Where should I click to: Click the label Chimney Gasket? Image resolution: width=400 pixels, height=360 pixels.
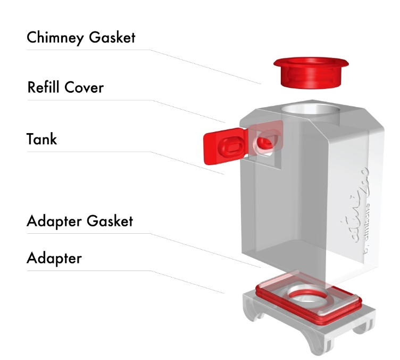[x=81, y=38]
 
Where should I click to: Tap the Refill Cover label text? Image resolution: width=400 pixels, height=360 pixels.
[x=65, y=87]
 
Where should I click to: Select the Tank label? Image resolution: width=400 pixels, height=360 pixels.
[x=41, y=139]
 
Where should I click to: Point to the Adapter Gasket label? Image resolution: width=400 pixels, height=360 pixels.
[x=79, y=220]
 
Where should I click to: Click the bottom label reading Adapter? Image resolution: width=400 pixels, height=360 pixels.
[x=54, y=258]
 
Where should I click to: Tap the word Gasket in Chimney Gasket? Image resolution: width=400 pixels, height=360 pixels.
[x=113, y=38]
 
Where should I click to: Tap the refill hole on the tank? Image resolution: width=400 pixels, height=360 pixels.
[x=264, y=143]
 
